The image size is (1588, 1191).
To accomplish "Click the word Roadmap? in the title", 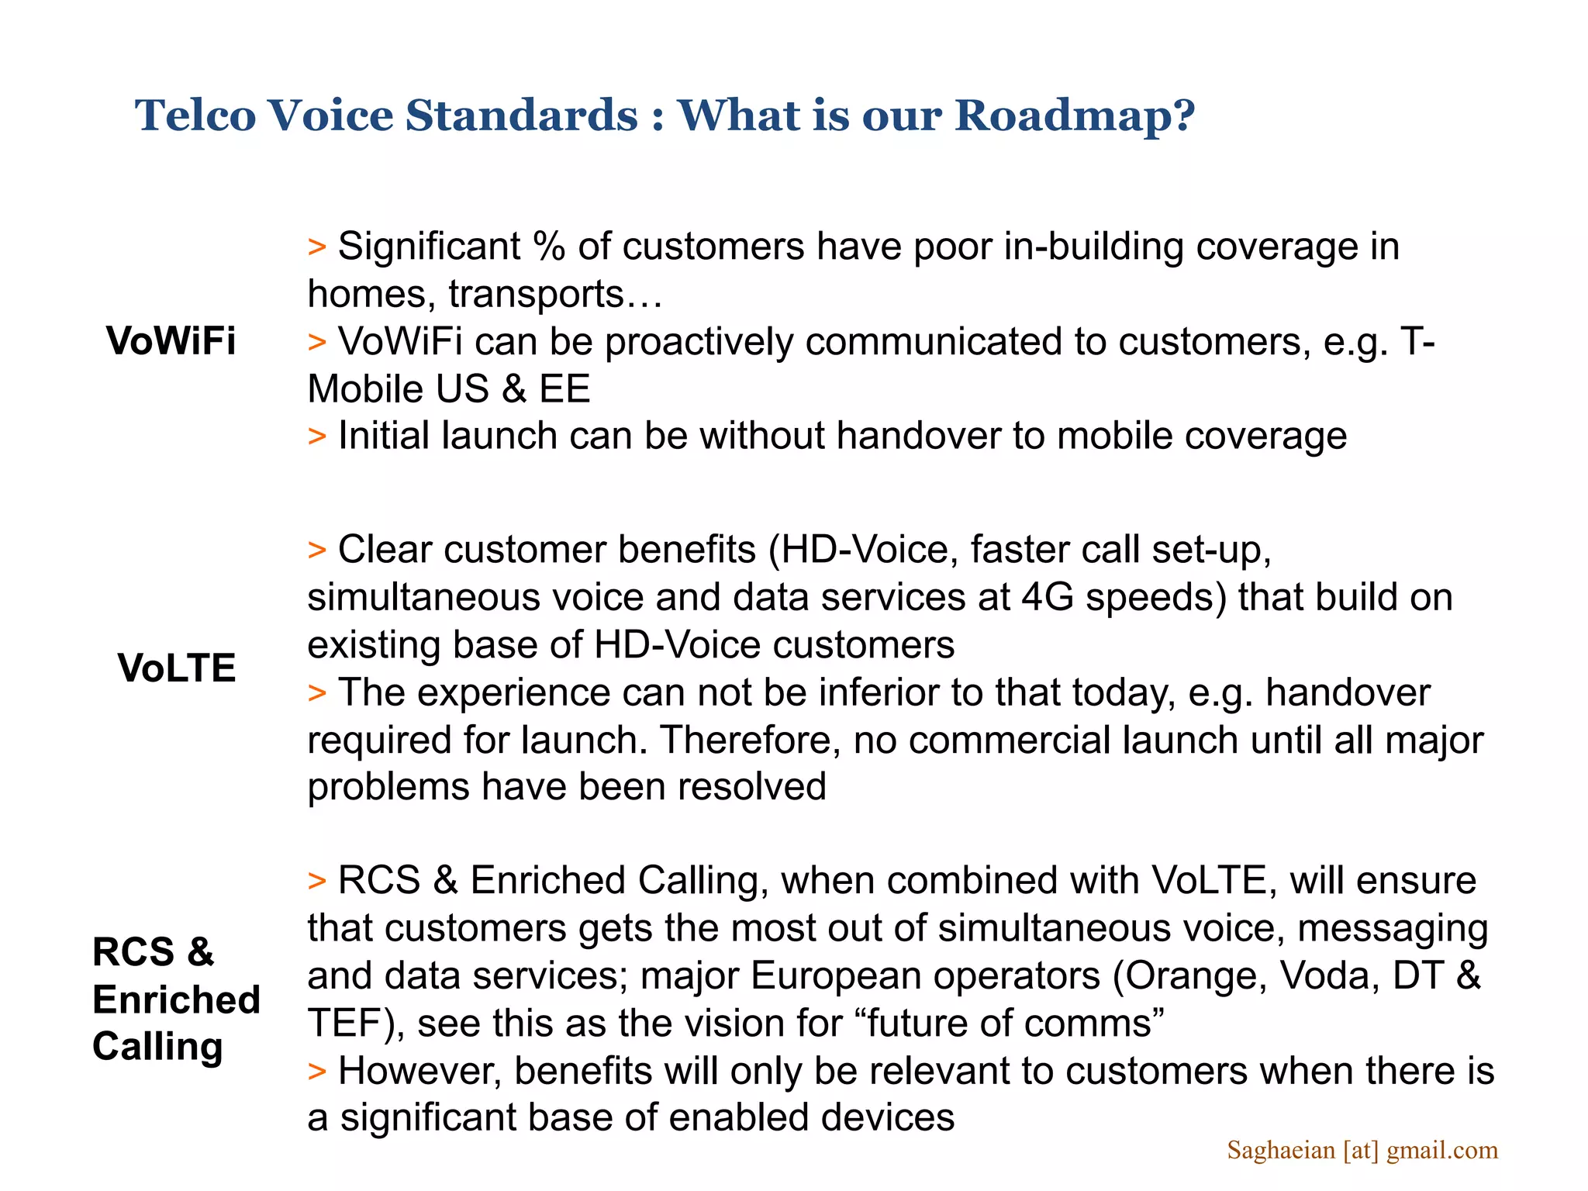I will point(1075,116).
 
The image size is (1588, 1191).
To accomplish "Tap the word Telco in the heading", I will point(195,116).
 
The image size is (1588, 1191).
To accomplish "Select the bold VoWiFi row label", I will point(171,341).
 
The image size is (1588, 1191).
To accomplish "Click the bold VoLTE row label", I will point(177,668).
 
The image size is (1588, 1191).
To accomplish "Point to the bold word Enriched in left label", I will point(176,999).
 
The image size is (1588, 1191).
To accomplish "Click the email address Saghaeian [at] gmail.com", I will point(1362,1150).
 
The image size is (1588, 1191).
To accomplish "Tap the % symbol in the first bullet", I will point(549,247).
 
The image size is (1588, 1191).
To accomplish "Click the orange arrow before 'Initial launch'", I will point(316,437).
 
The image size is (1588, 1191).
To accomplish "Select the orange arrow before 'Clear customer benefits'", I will point(316,551).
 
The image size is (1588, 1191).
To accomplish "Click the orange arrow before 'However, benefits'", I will point(316,1072).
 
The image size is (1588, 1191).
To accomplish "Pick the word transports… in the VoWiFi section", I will point(555,295).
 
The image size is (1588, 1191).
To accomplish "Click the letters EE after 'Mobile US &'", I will point(564,389).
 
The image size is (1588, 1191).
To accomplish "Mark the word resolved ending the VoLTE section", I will point(752,788).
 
